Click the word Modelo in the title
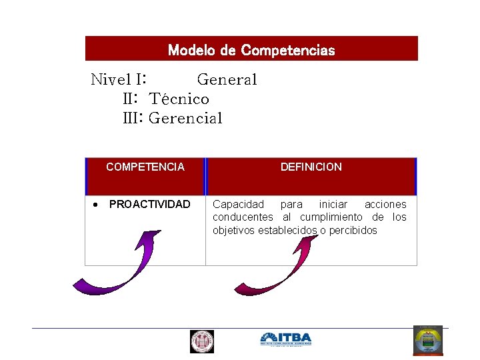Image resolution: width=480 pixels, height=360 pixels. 189,50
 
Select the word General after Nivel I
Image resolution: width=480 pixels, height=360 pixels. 227,80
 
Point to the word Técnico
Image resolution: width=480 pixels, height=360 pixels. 179,99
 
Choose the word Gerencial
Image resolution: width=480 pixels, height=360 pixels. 185,119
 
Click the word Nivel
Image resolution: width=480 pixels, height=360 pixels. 111,80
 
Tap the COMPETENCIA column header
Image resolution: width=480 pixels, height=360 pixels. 145,167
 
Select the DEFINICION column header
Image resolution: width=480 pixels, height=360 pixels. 311,167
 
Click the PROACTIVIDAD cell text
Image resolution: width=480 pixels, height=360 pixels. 149,205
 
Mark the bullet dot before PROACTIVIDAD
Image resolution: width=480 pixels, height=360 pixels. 96,205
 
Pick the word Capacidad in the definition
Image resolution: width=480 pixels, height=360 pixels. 238,205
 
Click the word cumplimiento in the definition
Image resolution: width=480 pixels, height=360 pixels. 331,217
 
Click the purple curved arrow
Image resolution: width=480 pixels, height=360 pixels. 113,267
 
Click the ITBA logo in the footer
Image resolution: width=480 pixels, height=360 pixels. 285,339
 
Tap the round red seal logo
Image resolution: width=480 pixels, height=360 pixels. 201,341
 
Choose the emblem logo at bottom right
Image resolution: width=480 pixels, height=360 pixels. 427,341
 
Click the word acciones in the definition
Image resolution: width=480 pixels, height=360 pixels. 385,205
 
